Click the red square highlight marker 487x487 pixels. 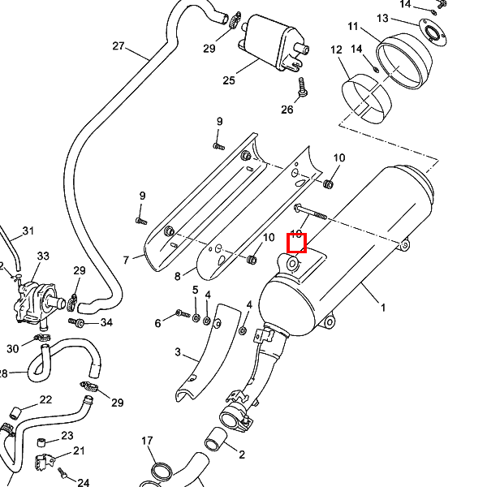click(297, 243)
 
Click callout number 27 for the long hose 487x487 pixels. click(119, 45)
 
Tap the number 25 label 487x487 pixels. click(229, 80)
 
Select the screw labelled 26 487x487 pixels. click(302, 88)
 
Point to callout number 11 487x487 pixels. click(353, 27)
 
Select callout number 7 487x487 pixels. click(127, 260)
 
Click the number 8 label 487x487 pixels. click(178, 277)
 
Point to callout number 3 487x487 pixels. click(178, 352)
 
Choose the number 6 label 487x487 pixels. click(158, 323)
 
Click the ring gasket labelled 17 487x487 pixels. click(161, 471)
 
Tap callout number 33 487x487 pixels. click(43, 256)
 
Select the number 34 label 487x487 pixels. click(106, 322)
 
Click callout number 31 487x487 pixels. click(28, 231)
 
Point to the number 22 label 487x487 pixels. click(45, 399)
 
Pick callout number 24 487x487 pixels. click(83, 482)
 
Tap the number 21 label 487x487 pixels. click(79, 450)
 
